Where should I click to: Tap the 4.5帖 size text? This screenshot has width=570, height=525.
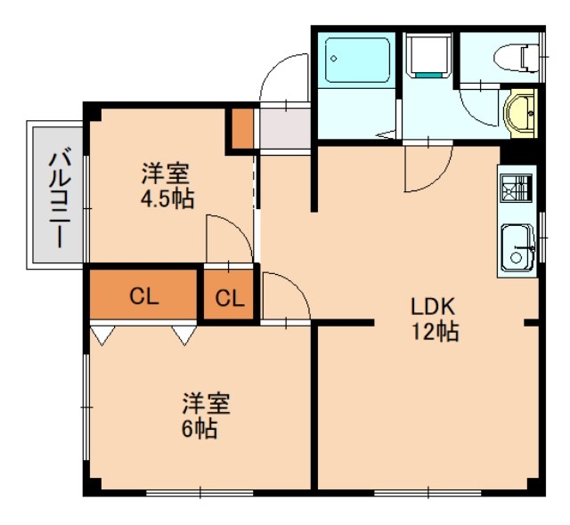pyautogui.click(x=167, y=198)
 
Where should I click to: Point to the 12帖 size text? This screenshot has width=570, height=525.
pyautogui.click(x=434, y=333)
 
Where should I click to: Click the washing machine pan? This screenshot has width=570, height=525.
pyautogui.click(x=429, y=55)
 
